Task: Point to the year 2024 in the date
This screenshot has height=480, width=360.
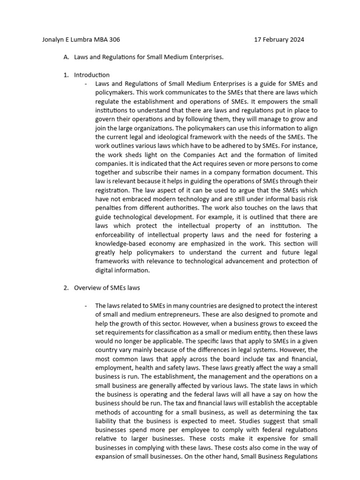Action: [x=296, y=40]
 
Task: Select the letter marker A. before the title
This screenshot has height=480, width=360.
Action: [x=66, y=57]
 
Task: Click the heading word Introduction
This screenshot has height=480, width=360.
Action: [x=92, y=75]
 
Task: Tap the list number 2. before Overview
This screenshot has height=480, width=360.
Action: [x=66, y=288]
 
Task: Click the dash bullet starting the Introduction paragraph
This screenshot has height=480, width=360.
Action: [x=86, y=84]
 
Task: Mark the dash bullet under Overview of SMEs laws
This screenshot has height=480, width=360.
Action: [x=86, y=306]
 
